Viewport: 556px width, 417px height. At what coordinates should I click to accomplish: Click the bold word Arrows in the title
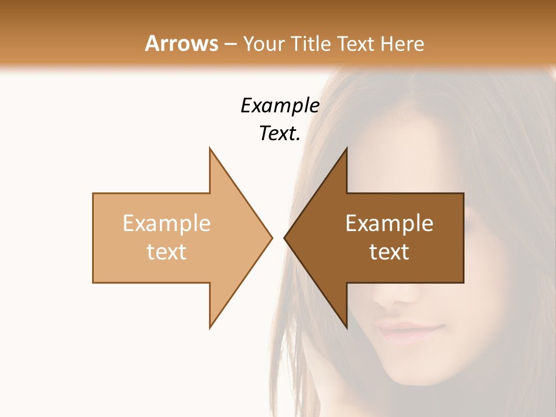click(181, 43)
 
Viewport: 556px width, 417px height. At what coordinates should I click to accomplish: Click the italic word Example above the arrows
click(280, 105)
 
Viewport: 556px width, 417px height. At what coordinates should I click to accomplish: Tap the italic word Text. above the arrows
click(280, 133)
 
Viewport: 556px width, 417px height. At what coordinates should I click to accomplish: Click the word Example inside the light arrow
click(167, 224)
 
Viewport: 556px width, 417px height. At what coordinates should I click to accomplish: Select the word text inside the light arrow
click(167, 251)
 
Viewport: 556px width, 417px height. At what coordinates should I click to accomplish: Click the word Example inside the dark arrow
click(389, 224)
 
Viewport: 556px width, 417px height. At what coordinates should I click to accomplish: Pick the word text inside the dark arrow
click(389, 251)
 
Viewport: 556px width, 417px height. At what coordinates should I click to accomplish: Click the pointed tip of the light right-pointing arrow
click(272, 237)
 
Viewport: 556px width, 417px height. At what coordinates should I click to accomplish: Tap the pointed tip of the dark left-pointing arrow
click(285, 237)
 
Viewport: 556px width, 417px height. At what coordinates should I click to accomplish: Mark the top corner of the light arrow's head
click(210, 149)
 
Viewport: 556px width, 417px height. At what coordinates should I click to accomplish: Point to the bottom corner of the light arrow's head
click(210, 327)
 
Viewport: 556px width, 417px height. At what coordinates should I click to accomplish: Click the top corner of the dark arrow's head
click(346, 149)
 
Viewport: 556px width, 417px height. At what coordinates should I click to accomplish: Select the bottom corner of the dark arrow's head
click(346, 327)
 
